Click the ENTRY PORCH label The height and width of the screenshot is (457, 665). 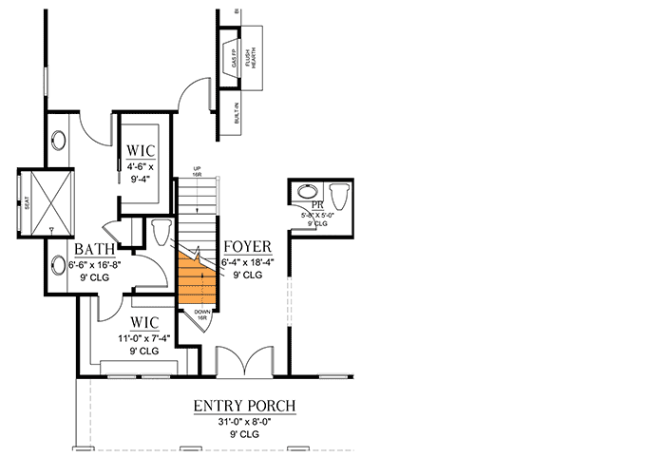click(x=244, y=406)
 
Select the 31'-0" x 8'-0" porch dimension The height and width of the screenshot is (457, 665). click(x=244, y=421)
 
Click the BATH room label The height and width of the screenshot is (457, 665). click(x=95, y=251)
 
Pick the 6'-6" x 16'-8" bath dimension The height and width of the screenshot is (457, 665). click(x=95, y=266)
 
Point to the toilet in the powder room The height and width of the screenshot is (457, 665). click(x=343, y=195)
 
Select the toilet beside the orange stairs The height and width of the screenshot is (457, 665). click(x=160, y=231)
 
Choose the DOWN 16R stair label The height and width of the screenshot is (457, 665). click(x=202, y=314)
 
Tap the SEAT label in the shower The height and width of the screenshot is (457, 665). click(x=26, y=201)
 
